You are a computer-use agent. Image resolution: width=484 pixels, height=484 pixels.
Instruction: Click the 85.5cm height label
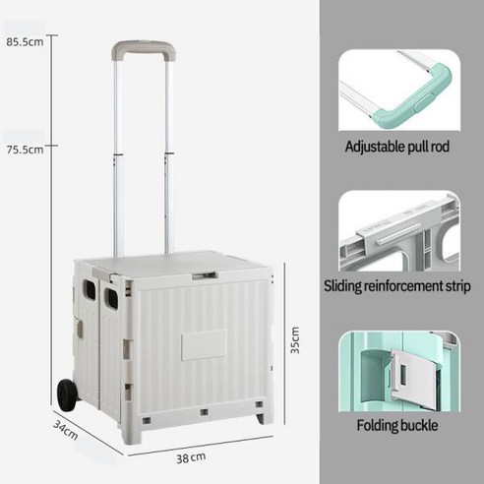[x=25, y=42]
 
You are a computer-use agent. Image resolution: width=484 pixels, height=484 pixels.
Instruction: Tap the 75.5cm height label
[x=25, y=150]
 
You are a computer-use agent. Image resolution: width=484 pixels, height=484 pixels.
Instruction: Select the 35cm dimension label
[x=295, y=339]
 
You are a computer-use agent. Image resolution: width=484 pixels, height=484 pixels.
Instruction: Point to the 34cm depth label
[x=66, y=430]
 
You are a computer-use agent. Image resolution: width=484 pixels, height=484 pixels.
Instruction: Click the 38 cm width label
[x=191, y=457]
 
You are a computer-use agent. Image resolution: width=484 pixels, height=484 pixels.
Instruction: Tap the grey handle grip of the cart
[x=144, y=48]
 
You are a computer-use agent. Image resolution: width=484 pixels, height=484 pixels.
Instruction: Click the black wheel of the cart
[x=68, y=394]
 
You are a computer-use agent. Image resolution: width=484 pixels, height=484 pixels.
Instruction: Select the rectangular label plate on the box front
[x=204, y=345]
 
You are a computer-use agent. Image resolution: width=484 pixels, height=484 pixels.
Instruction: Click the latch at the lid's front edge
[x=205, y=275]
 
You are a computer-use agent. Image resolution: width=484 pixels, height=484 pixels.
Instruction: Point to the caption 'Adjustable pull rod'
[x=396, y=147]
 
